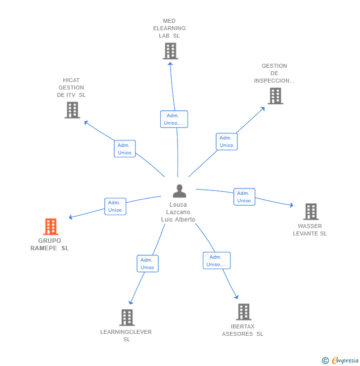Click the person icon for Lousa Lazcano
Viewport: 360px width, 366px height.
click(x=179, y=191)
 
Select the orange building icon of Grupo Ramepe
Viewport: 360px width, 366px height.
click(x=50, y=227)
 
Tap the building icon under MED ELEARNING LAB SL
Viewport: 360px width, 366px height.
click(x=170, y=51)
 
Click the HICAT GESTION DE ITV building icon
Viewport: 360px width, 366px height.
click(x=72, y=110)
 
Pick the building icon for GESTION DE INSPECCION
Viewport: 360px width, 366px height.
click(x=275, y=96)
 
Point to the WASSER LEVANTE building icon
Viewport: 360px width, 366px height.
click(x=311, y=212)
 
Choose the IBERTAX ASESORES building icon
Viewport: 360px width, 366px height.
click(x=243, y=312)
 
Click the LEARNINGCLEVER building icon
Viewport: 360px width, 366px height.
click(x=127, y=318)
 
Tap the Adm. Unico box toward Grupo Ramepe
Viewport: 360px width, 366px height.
click(x=115, y=206)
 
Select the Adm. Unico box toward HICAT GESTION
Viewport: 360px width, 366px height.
click(x=125, y=149)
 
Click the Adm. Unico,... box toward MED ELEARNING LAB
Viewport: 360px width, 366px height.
click(x=174, y=119)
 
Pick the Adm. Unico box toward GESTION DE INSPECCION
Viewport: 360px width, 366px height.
click(x=226, y=141)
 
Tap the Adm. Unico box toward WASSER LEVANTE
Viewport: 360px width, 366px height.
click(x=244, y=197)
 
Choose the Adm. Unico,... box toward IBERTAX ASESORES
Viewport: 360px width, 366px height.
click(x=217, y=261)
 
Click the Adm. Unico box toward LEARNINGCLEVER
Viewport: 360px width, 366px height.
click(x=147, y=264)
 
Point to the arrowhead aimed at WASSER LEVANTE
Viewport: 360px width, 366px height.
click(x=291, y=205)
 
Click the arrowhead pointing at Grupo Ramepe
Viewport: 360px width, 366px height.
click(x=71, y=217)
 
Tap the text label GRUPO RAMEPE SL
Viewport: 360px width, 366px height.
click(x=49, y=244)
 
